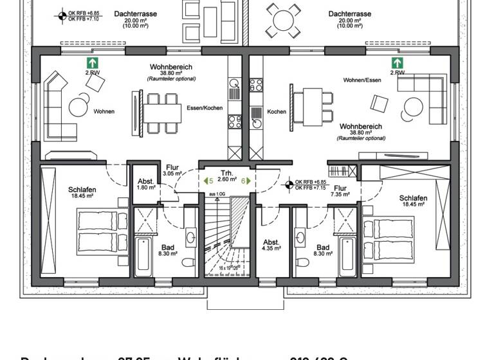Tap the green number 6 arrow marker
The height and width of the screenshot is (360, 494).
(245, 181)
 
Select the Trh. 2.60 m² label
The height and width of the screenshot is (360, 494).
(226, 177)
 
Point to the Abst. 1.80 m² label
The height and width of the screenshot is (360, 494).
(146, 184)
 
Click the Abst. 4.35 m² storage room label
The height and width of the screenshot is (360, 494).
(271, 246)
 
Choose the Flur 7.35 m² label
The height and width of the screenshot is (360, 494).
(340, 191)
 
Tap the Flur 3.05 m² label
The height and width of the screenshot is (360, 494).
(172, 170)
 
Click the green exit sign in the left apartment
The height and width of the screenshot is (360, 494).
(93, 63)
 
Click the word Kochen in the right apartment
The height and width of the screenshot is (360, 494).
(277, 112)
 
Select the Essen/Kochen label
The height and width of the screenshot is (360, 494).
(205, 108)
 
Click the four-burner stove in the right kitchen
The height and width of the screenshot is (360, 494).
(256, 85)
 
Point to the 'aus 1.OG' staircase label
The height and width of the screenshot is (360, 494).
(217, 194)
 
